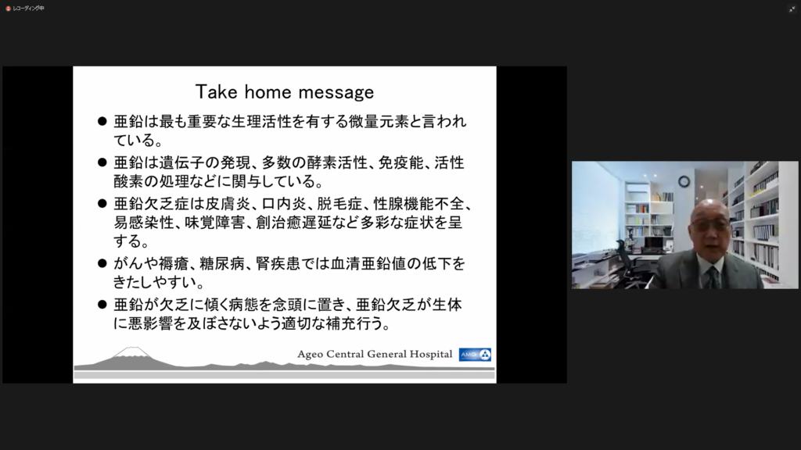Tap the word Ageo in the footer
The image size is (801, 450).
click(310, 354)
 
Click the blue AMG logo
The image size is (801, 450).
click(475, 355)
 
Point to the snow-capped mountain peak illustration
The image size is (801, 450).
click(131, 354)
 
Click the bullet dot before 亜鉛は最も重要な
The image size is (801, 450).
click(102, 121)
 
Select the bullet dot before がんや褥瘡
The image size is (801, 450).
click(102, 263)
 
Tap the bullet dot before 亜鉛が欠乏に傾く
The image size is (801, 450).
click(102, 305)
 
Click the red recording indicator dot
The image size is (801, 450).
click(8, 9)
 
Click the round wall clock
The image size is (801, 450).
click(684, 181)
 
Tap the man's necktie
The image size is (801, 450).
click(713, 278)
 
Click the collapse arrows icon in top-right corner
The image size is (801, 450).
click(792, 9)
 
